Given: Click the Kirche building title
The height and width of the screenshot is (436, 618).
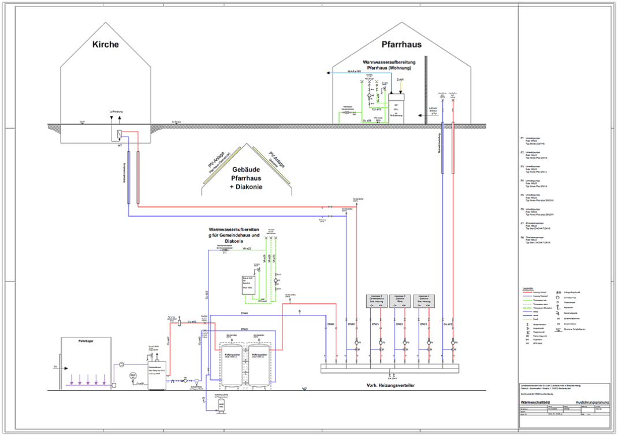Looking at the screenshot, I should click(106, 44).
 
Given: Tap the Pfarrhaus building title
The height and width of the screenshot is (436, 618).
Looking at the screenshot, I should click(401, 44).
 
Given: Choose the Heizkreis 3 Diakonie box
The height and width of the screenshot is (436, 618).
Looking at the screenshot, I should click(404, 300).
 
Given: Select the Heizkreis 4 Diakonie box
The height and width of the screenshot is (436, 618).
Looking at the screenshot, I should click(427, 300).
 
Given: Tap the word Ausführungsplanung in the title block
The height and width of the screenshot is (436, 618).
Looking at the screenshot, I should click(591, 404).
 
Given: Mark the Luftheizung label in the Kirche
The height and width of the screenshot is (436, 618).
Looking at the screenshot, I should click(116, 111).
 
